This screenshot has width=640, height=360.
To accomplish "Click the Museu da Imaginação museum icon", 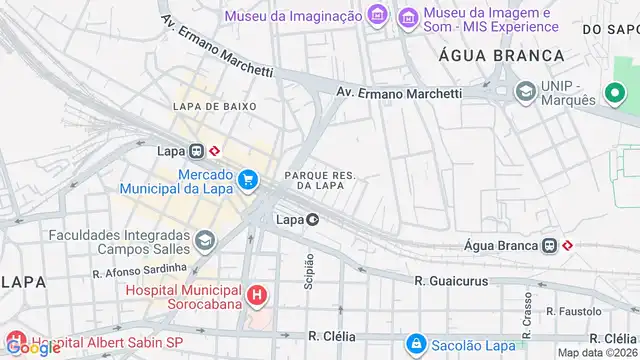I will click(377, 15).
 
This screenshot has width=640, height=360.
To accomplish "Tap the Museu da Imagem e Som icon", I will click(407, 17).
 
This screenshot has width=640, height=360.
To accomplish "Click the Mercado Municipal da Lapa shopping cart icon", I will click(248, 181).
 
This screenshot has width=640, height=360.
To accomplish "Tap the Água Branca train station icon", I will click(549, 245).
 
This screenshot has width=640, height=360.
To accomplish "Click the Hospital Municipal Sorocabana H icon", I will click(258, 295).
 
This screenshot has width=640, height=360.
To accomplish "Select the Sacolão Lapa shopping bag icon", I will click(416, 344).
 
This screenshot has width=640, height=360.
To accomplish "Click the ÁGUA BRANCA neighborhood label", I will click(482, 56).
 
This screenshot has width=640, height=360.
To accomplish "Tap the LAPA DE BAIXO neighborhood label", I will click(214, 106).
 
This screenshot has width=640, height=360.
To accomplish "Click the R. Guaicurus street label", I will click(452, 282).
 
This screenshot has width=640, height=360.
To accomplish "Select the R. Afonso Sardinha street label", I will click(139, 269).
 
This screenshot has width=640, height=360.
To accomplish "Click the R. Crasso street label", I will click(527, 309).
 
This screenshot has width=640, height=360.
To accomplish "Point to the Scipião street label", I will click(309, 270).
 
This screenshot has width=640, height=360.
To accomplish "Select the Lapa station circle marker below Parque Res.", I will click(313, 219).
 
